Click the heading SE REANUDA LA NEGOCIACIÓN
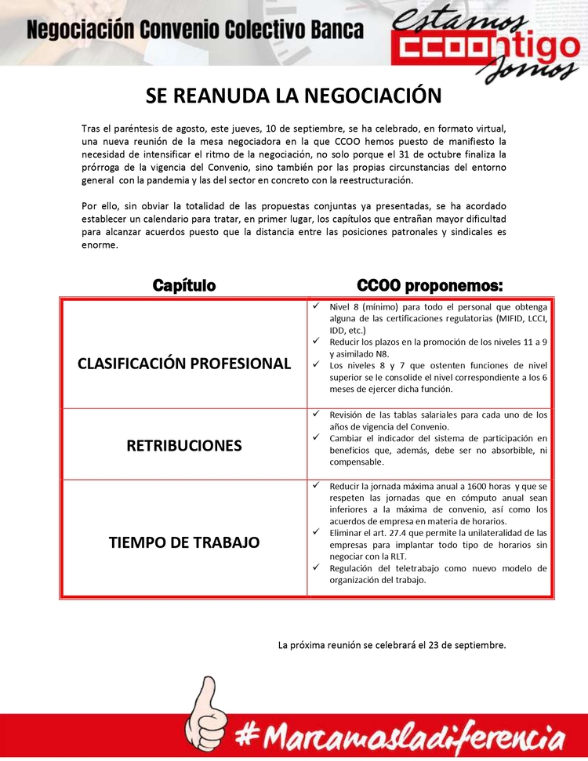294,96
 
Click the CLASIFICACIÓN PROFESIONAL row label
184,364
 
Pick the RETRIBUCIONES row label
184,445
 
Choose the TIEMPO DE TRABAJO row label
184,542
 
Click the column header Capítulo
184,285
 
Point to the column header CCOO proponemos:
430,285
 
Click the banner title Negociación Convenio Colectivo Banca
195,31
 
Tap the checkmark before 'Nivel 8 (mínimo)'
315,306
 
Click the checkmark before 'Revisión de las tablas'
315,414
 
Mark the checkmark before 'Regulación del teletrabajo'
315,567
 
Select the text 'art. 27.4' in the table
383,533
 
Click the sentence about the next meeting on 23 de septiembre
392,646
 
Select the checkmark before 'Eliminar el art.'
315,532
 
